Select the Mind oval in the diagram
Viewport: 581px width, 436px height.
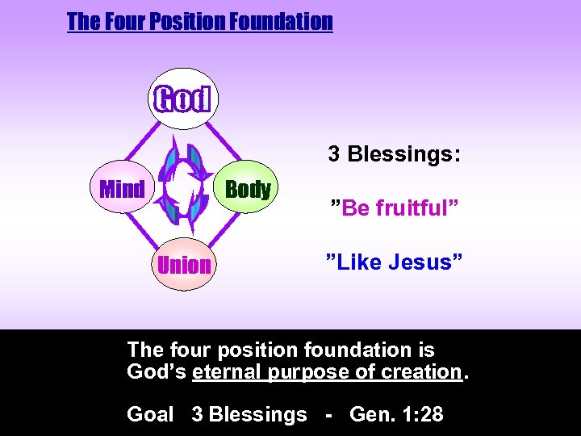click(x=121, y=190)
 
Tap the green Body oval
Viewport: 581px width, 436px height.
click(x=248, y=190)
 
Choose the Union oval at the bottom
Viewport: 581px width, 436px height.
click(x=185, y=265)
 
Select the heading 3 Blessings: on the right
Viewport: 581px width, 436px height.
click(x=394, y=153)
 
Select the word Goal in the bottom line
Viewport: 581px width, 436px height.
click(x=150, y=414)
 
